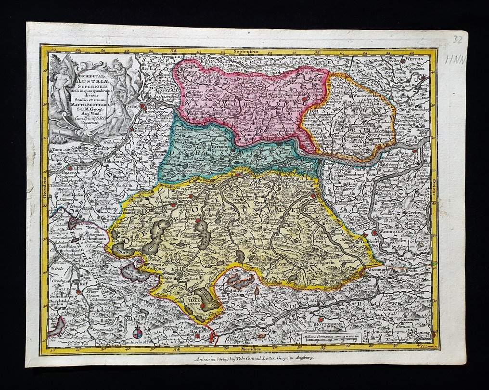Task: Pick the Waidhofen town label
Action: coord(398,230)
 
